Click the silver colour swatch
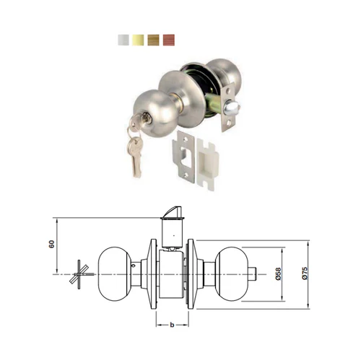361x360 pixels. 123,40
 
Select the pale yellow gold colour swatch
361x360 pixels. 138,40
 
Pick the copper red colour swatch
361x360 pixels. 169,40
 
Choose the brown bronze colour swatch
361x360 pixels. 153,40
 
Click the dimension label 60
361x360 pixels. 52,244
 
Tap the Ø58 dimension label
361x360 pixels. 278,274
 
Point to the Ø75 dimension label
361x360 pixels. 305,273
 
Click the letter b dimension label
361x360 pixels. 172,325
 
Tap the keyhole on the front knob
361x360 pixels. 146,118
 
